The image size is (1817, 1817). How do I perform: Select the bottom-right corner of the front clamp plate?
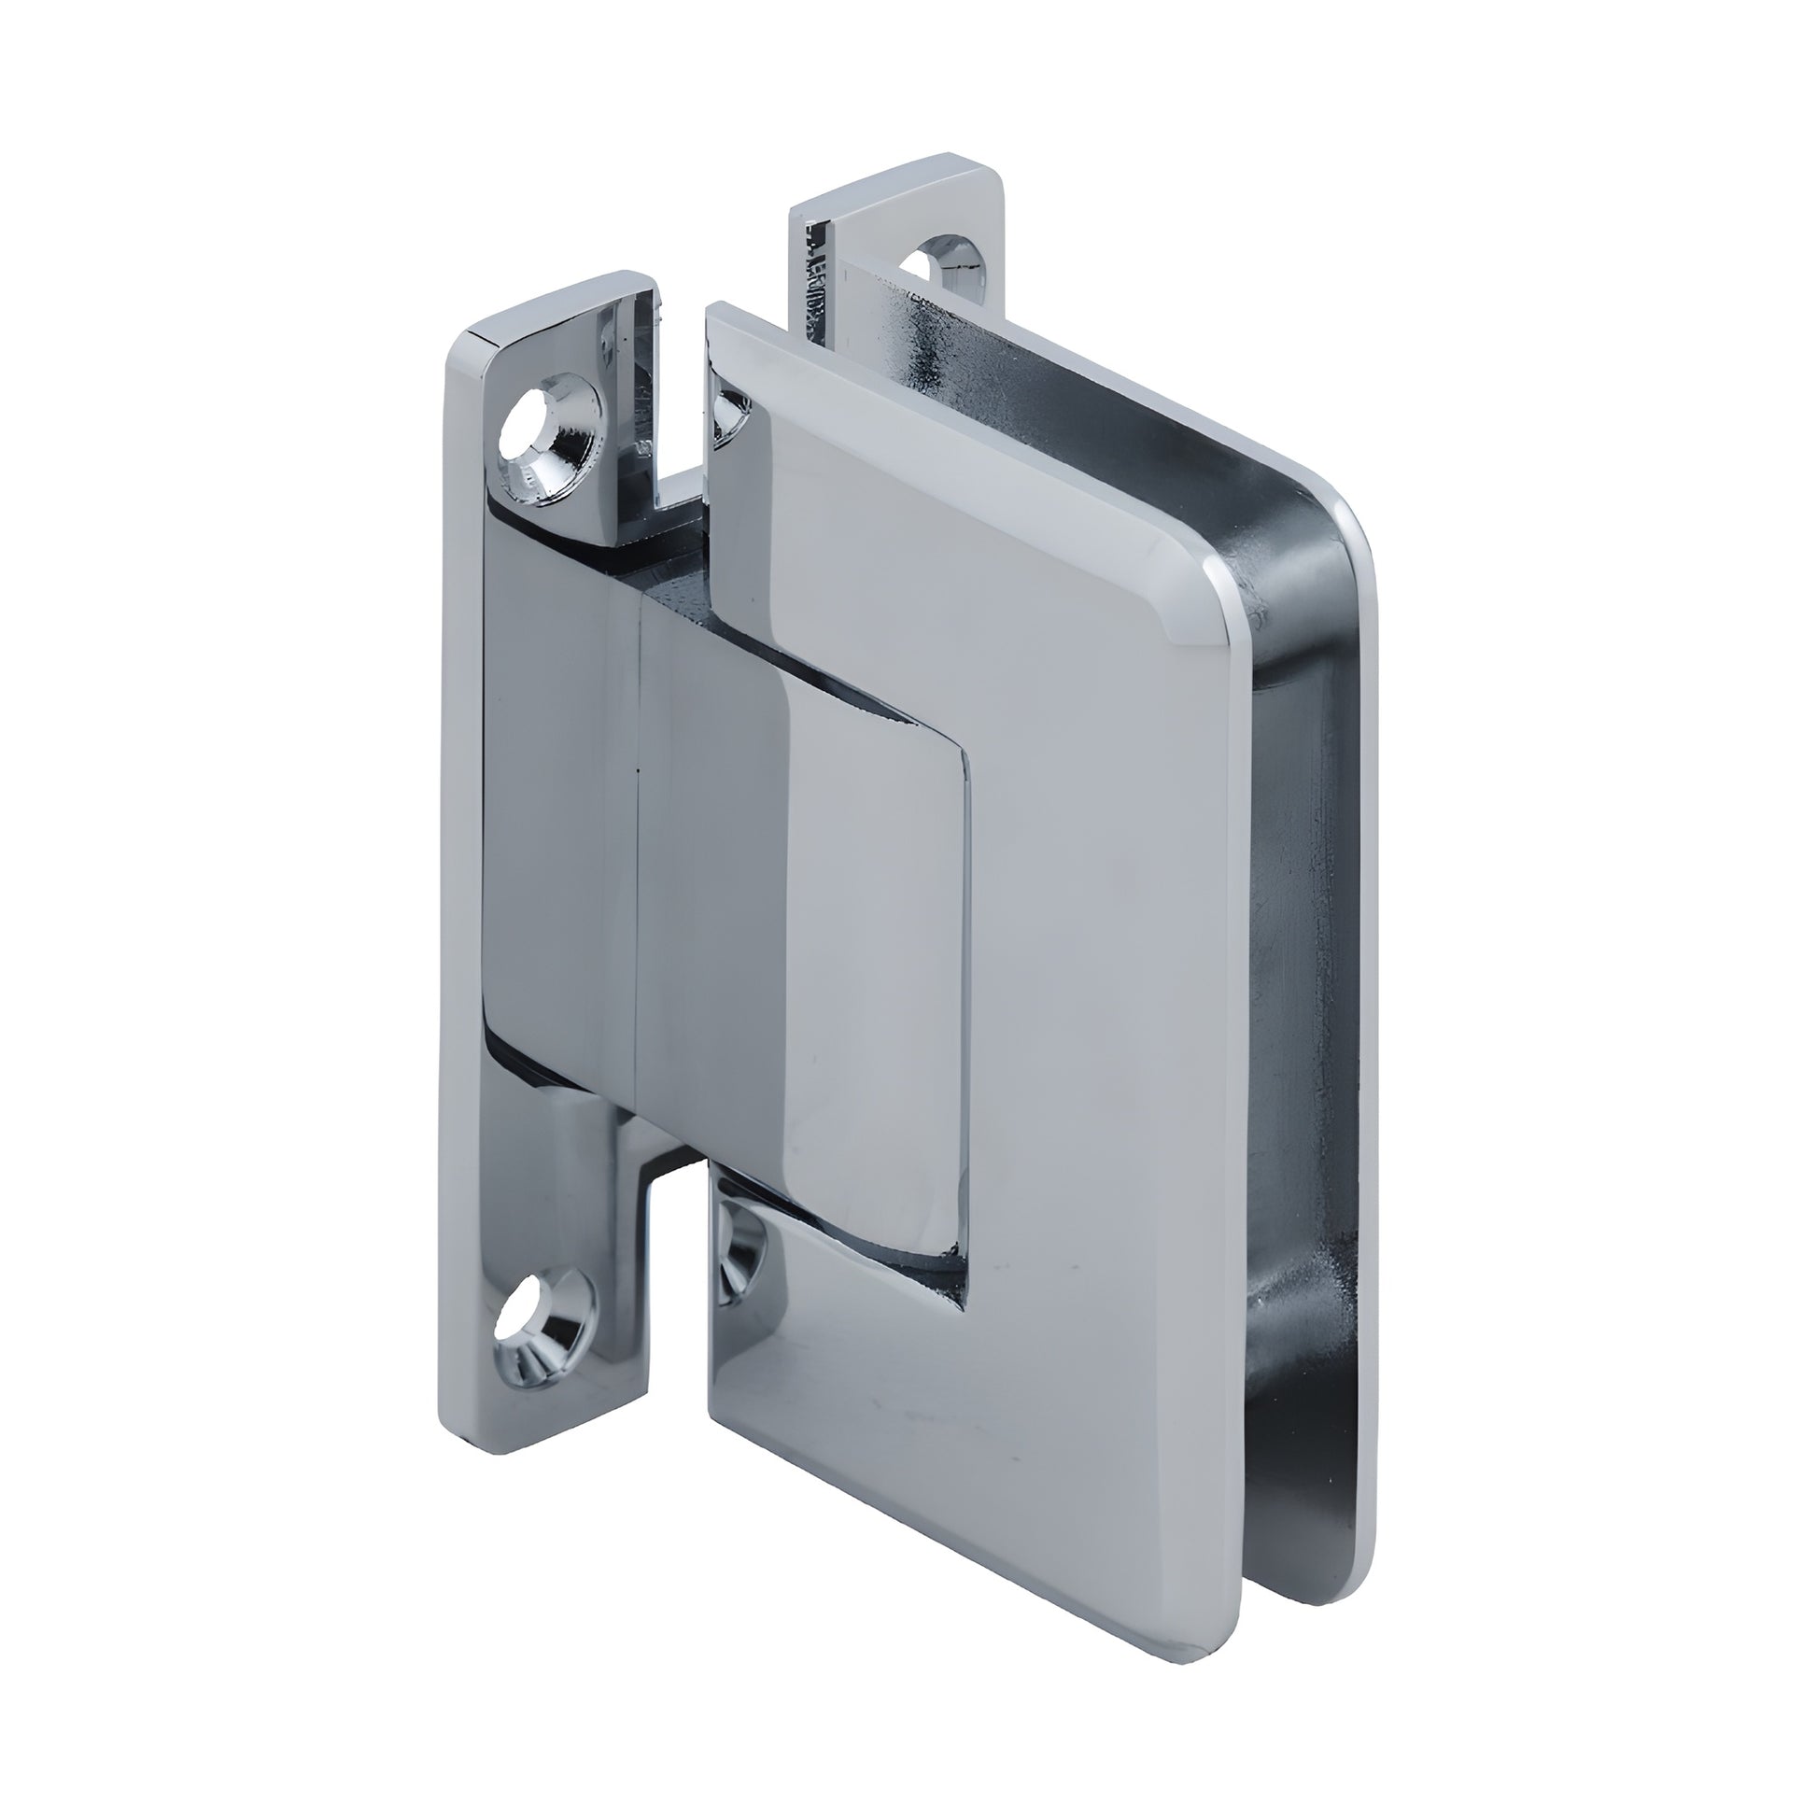coord(1213,1613)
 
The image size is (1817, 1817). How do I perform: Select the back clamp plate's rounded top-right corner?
coord(1354,527)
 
